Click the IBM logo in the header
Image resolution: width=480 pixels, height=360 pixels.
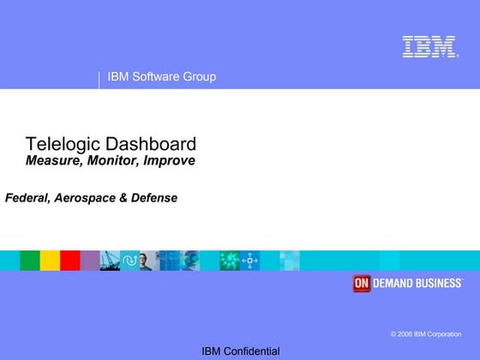pos(429,46)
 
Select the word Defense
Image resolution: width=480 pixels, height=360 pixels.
pos(154,198)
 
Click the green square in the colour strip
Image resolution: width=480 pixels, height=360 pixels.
pos(30,261)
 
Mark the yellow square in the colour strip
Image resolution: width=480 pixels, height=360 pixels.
pos(50,261)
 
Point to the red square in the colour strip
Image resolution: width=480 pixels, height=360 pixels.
pos(70,261)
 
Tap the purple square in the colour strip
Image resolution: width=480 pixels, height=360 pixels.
pos(90,261)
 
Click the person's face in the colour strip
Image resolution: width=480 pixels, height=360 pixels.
pos(146,261)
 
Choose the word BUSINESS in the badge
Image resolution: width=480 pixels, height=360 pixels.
pos(438,284)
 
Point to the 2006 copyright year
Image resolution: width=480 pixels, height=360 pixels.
pos(405,333)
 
